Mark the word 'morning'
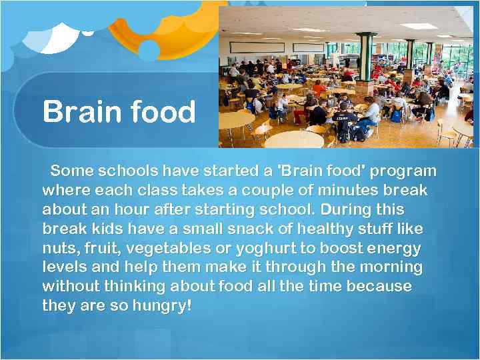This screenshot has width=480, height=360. (391, 267)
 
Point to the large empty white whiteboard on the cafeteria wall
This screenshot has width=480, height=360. (257, 48)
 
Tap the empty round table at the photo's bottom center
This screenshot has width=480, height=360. (293, 139)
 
